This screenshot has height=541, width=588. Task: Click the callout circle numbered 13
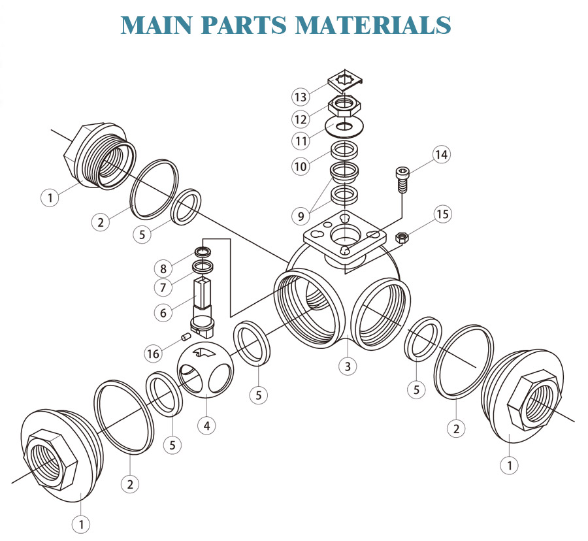click(300, 97)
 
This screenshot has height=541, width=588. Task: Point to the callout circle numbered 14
click(442, 155)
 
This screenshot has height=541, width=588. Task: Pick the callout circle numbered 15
click(443, 214)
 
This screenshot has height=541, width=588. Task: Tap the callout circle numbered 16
click(153, 353)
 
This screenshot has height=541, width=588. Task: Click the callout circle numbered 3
click(348, 366)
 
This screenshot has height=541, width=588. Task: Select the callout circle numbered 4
click(206, 425)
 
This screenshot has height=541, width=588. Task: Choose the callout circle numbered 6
click(164, 312)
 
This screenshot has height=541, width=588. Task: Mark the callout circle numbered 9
click(301, 214)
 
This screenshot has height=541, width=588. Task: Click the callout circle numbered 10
click(300, 166)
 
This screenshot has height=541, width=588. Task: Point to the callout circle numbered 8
click(164, 267)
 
